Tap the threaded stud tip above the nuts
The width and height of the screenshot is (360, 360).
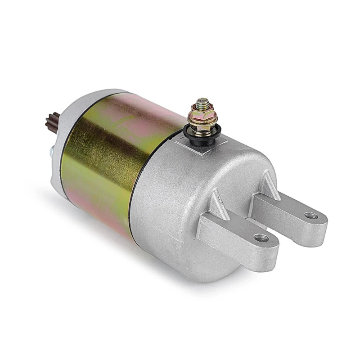[x=203, y=102]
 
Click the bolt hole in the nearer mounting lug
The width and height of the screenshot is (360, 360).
[x=260, y=237]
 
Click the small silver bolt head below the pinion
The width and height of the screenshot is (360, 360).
[x=51, y=153]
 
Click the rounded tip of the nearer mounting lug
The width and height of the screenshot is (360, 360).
[x=270, y=245]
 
